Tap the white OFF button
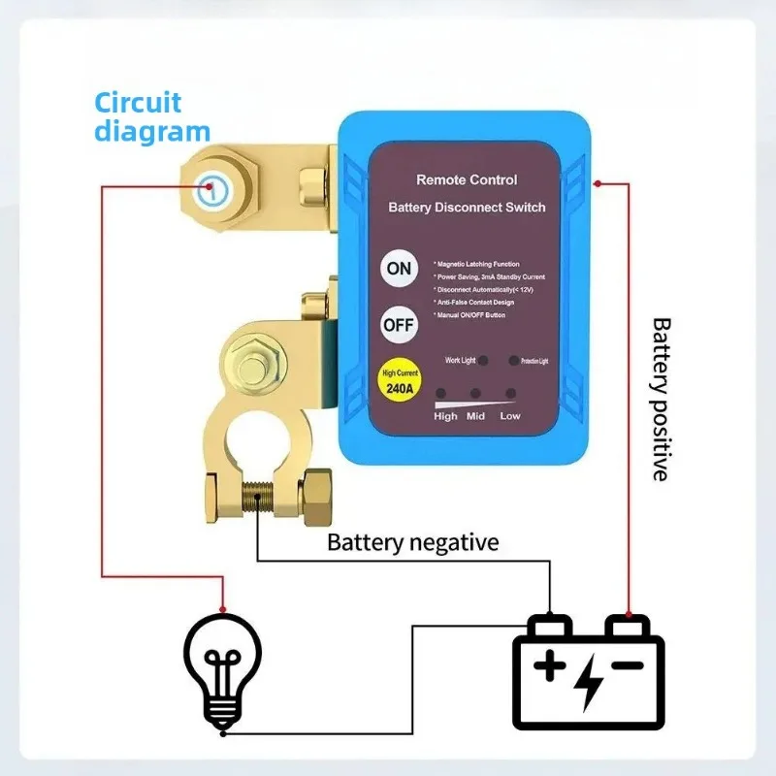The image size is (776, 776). (399, 324)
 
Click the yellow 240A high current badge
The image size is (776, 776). (400, 380)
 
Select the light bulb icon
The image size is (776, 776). (223, 668)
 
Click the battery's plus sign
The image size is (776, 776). (550, 666)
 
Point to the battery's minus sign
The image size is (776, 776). (627, 665)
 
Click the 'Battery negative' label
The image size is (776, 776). (412, 541)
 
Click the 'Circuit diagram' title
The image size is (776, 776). (151, 116)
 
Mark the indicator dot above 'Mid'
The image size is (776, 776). (476, 394)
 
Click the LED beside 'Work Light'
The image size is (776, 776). (484, 360)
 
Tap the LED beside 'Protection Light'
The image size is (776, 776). (513, 360)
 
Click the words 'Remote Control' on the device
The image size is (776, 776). (467, 179)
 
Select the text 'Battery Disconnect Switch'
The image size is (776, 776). (467, 207)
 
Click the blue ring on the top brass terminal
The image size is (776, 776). (210, 188)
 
